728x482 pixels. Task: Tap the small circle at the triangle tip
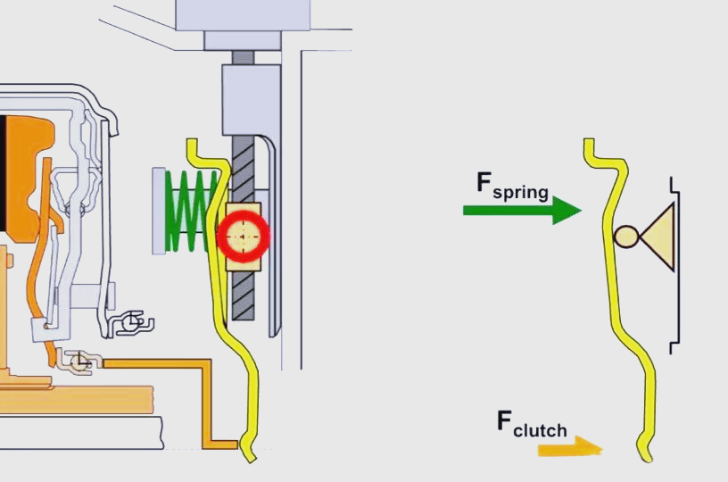[x=625, y=237]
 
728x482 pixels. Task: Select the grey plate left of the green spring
[x=159, y=211]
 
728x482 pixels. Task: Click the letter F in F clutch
[x=505, y=420]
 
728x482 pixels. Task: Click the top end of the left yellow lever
[x=190, y=142]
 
